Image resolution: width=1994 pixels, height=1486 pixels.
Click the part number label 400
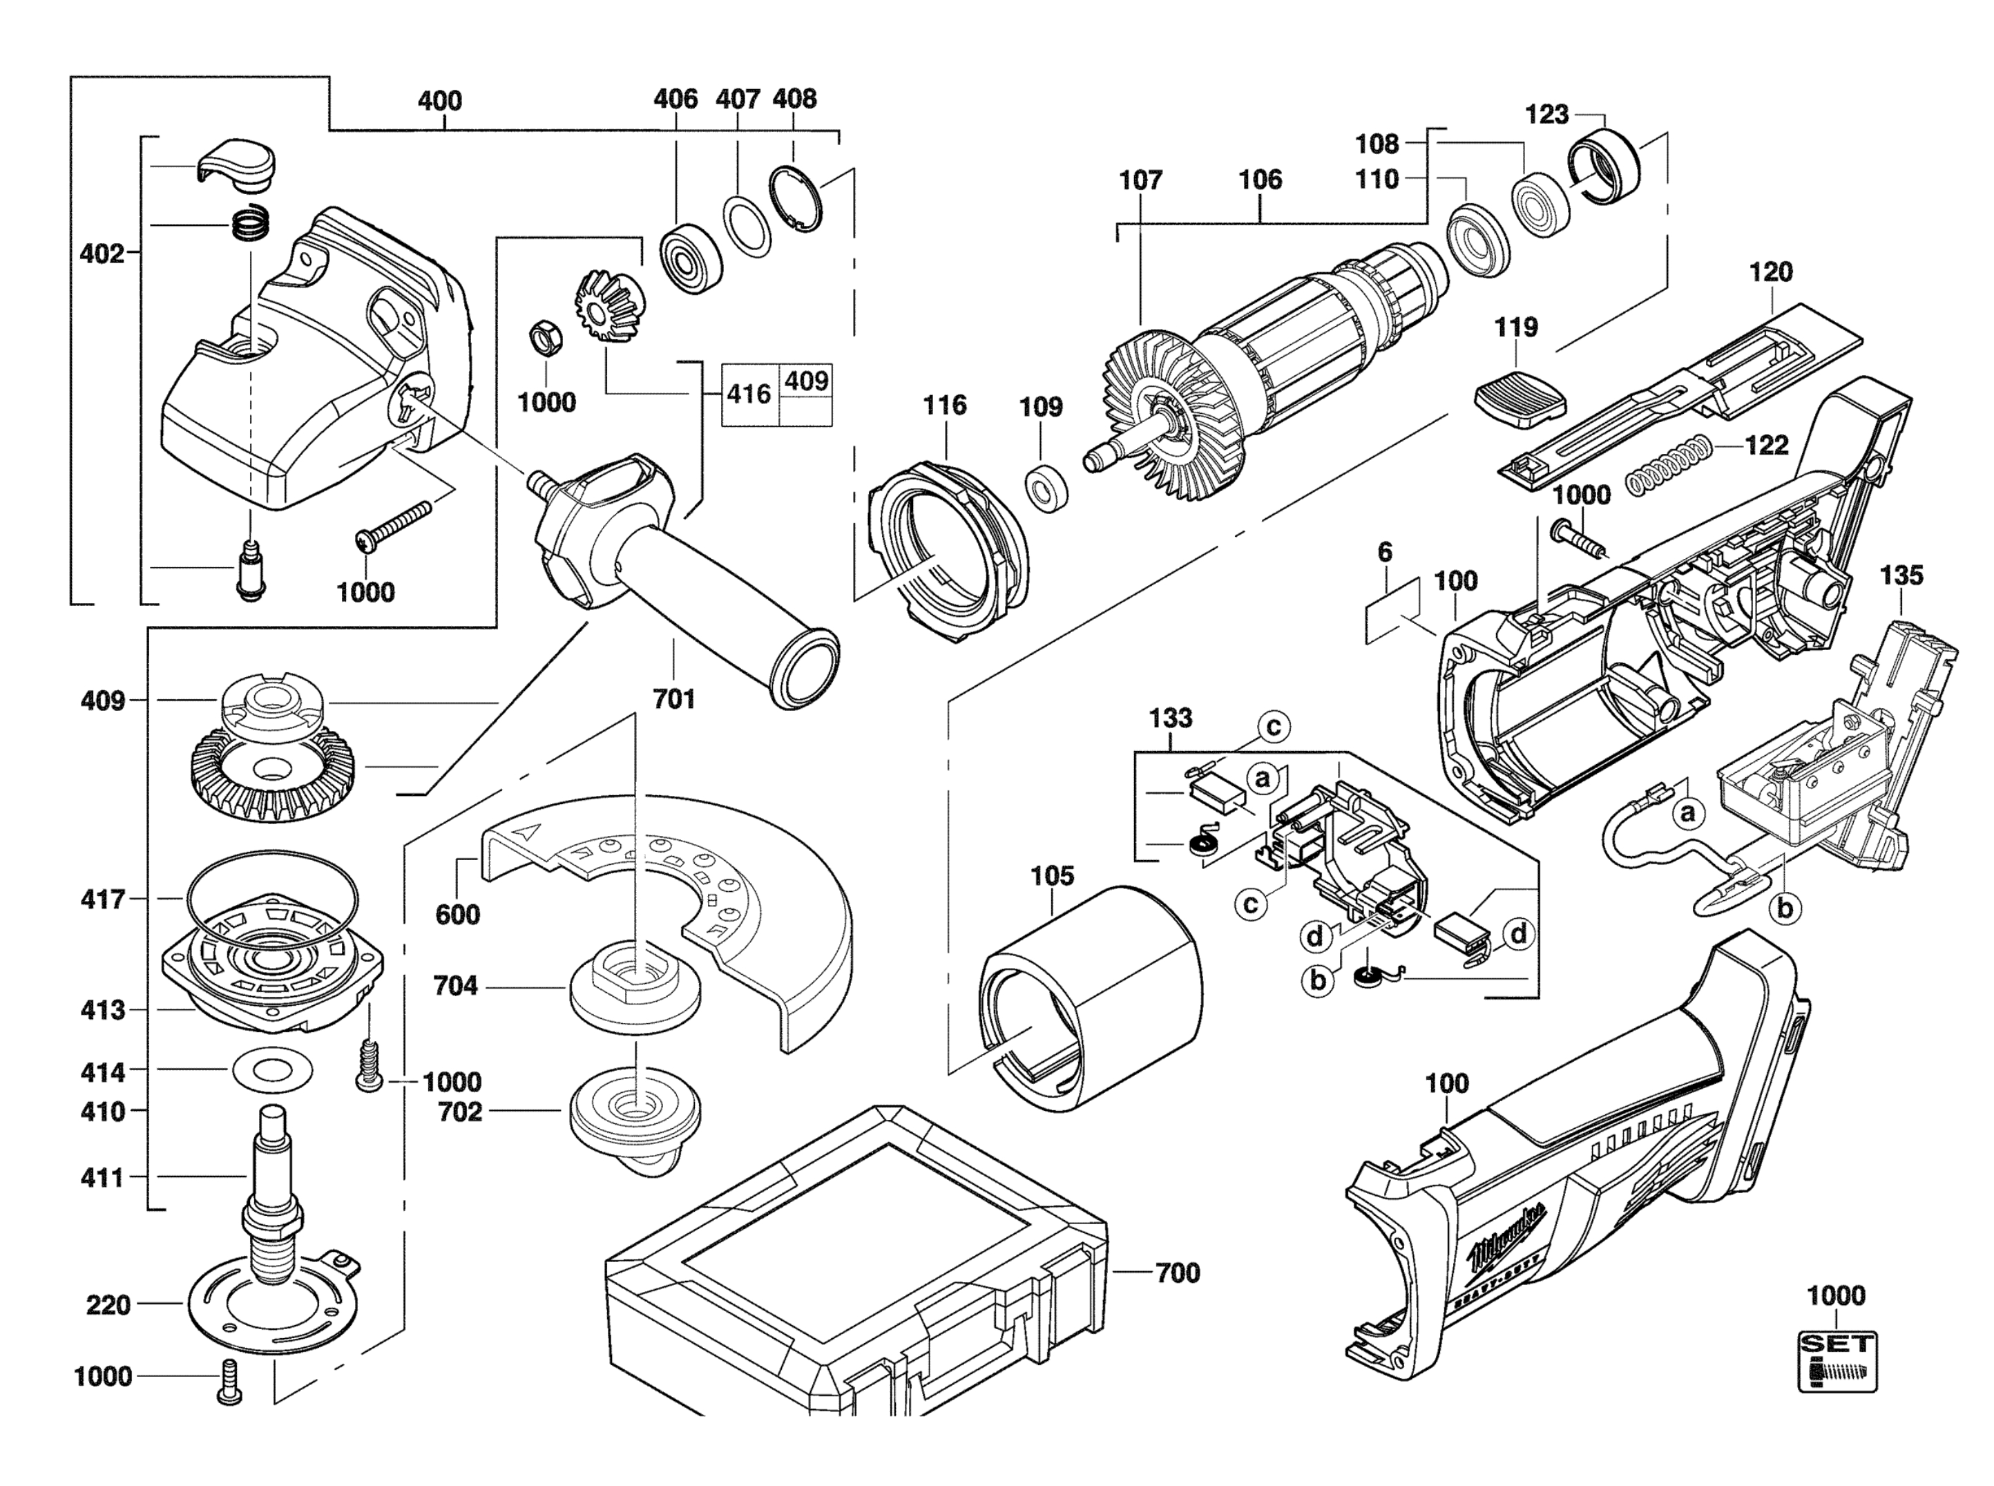pos(440,101)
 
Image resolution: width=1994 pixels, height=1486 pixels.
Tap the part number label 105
pos(1053,875)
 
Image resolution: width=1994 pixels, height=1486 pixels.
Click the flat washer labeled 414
pos(271,1070)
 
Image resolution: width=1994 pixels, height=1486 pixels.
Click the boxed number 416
pos(748,393)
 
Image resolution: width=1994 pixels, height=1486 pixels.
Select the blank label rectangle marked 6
pos(1392,611)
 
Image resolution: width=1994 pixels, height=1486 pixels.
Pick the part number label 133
pos(1170,718)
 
